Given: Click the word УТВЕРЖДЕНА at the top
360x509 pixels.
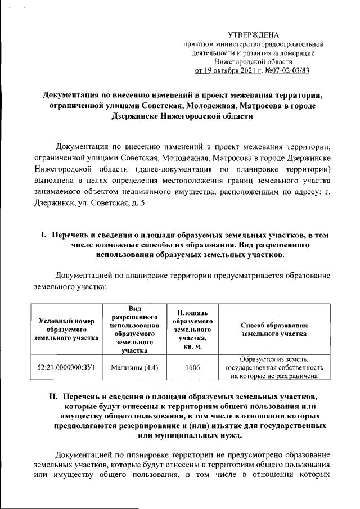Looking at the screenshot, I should coord(260,35).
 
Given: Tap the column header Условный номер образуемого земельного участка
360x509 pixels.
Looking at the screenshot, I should coord(66,330).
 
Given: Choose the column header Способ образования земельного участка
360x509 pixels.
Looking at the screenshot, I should coord(274,330).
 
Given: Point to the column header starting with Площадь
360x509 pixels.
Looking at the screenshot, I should coord(193,329).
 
